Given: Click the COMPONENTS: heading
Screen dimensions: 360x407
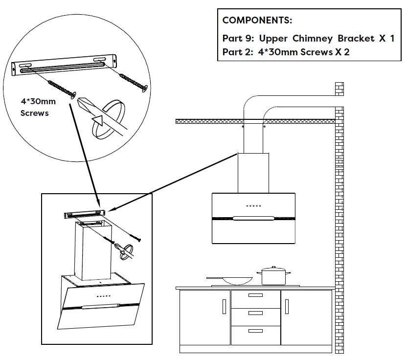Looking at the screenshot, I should [257, 21].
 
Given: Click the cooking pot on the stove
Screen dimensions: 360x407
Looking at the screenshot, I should [273, 276].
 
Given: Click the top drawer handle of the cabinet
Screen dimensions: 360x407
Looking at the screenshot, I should [255, 295].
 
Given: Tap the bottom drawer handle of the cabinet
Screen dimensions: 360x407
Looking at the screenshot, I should [255, 331].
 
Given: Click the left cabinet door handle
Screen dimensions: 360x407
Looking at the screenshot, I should [224, 307].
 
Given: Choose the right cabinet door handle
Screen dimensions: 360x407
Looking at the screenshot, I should [287, 307].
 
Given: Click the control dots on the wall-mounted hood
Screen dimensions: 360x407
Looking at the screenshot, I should [253, 205].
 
